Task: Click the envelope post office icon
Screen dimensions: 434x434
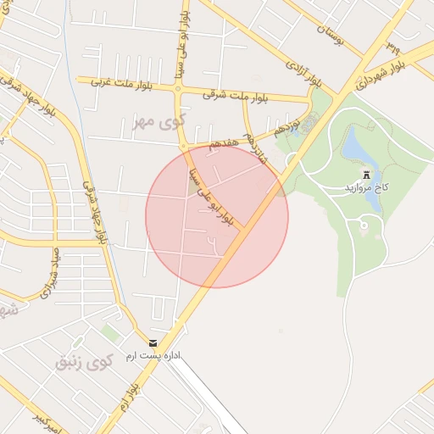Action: point(153,342)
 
